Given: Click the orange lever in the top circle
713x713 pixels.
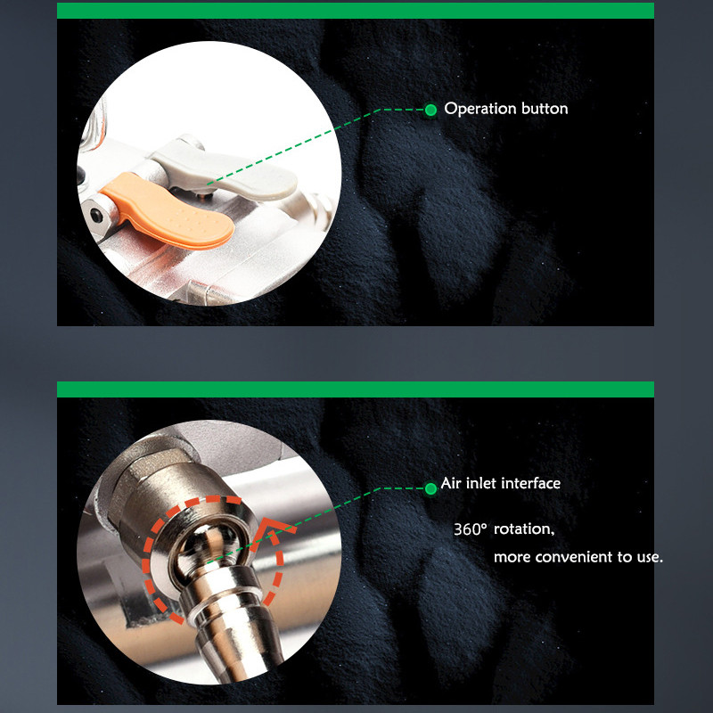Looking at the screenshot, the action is (x=168, y=211).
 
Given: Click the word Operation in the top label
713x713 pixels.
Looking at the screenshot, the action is (x=479, y=109).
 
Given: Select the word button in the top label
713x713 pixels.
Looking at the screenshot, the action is (x=545, y=109).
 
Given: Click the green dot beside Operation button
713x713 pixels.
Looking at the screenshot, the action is (x=430, y=110).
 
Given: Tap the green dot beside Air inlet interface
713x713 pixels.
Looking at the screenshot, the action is (x=430, y=488).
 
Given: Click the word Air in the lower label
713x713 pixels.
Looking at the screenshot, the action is (x=451, y=483).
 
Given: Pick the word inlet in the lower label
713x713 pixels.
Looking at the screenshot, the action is (x=480, y=483).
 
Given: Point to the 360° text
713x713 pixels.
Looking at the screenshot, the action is (x=471, y=529).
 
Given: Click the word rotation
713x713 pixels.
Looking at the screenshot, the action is (x=524, y=529).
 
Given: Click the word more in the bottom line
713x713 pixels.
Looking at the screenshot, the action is (x=512, y=558).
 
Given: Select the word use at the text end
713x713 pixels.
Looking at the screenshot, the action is (x=648, y=558).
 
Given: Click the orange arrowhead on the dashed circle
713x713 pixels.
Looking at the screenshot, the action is (x=273, y=529).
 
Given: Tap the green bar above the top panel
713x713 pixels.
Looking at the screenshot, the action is (x=356, y=11).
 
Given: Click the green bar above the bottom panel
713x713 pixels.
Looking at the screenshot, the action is (x=356, y=389).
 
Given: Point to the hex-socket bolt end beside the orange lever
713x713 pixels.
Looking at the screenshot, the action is (x=97, y=214).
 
